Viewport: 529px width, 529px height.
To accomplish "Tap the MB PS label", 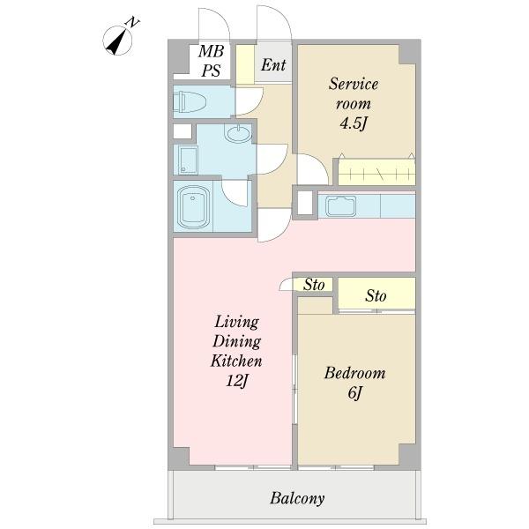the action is click(212, 61).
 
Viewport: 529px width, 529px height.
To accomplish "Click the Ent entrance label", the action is click(273, 64).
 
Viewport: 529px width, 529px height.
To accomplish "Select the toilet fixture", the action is click(190, 102).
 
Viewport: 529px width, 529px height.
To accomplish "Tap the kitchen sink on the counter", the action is click(340, 205).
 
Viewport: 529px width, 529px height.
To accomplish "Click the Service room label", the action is click(354, 93).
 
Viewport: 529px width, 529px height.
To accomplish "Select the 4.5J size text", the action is click(353, 123).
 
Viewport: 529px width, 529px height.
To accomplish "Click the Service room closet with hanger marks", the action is click(376, 172).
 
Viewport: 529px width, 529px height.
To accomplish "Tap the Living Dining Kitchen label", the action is click(236, 341).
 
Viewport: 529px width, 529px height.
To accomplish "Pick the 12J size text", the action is click(237, 381).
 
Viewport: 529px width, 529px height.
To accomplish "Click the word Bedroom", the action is click(354, 373).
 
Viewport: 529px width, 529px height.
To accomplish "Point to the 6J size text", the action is click(355, 392).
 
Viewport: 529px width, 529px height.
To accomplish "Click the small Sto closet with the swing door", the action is click(312, 285).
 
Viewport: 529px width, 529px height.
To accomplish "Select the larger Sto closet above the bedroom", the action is click(376, 293).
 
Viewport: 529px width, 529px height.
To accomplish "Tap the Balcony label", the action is click(297, 498).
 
